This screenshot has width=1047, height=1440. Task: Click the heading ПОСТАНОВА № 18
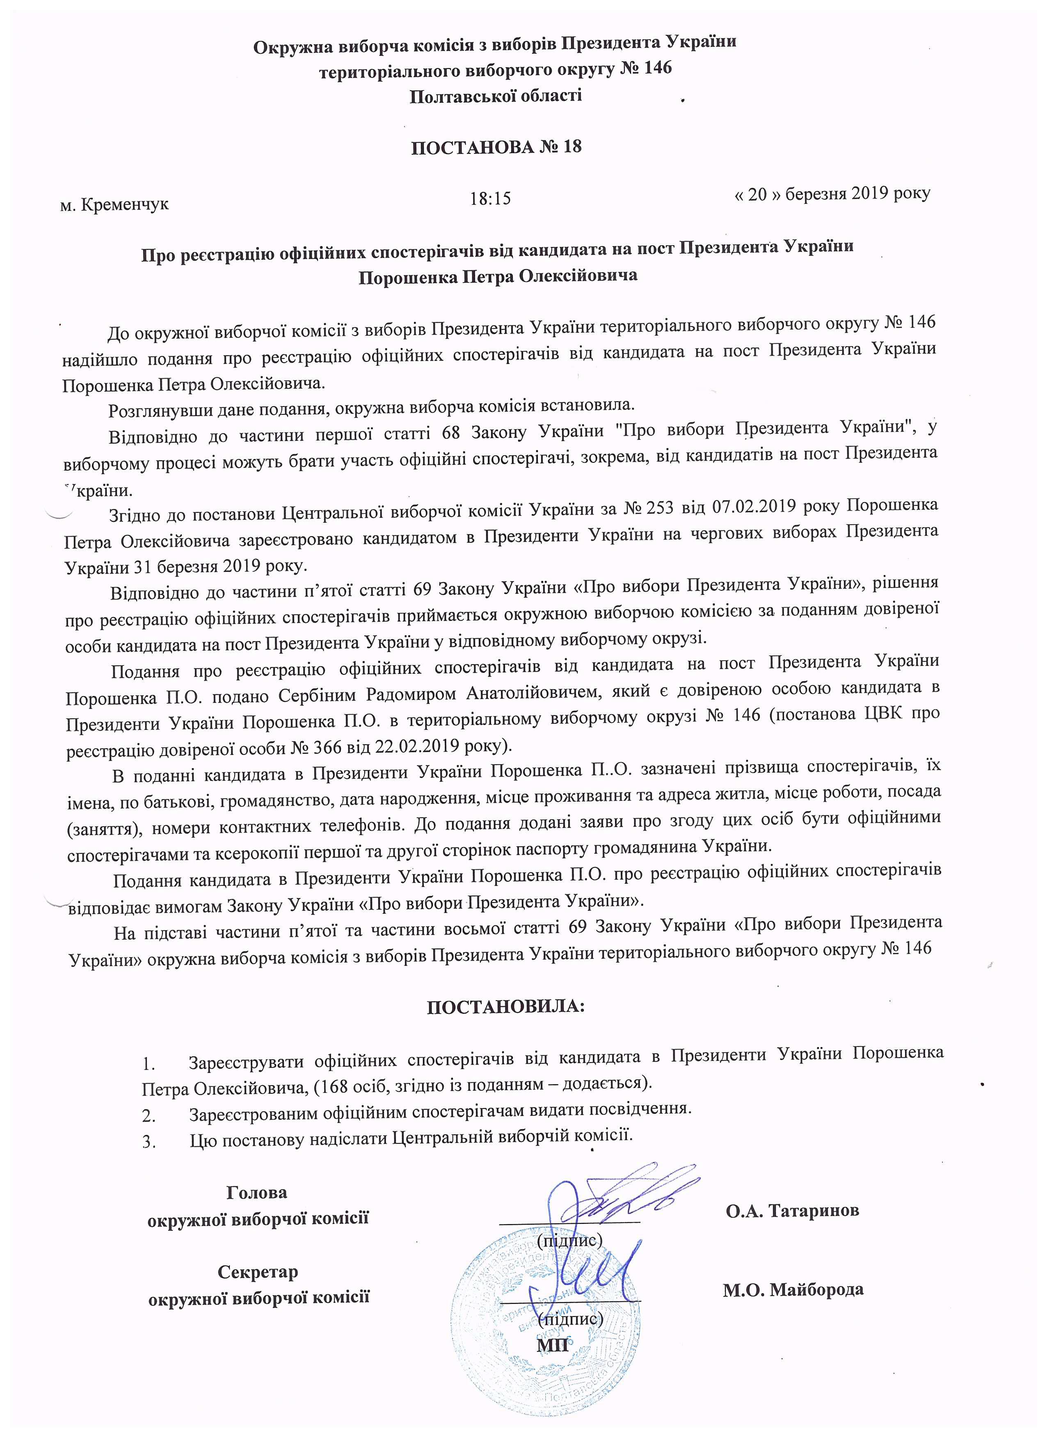[x=496, y=147]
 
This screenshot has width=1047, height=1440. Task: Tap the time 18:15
[x=490, y=199]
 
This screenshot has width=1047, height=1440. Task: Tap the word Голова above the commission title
[x=256, y=1192]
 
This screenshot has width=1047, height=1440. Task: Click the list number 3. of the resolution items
[x=149, y=1142]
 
